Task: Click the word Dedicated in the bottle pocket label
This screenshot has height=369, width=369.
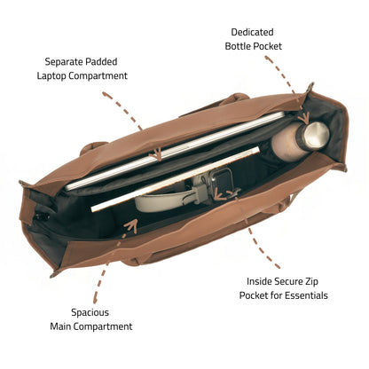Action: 252,32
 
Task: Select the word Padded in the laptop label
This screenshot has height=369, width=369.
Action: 101,61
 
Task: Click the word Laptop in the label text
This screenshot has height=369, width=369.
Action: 51,76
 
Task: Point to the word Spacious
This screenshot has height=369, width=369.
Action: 90,312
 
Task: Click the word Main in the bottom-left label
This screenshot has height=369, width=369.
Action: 60,326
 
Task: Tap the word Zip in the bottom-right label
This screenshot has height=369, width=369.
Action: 312,281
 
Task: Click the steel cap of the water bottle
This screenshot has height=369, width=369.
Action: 316,135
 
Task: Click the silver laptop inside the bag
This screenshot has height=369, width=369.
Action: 175,150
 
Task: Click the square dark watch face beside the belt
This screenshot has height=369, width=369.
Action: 222,178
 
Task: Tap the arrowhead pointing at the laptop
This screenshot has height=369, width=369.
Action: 155,154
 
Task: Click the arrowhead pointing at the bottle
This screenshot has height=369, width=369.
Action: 303,118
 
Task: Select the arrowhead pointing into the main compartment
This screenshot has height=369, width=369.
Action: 131,225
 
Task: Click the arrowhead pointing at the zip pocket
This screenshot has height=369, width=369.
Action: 220,194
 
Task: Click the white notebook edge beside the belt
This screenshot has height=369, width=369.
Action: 175,178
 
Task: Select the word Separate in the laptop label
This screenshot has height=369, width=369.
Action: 64,61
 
